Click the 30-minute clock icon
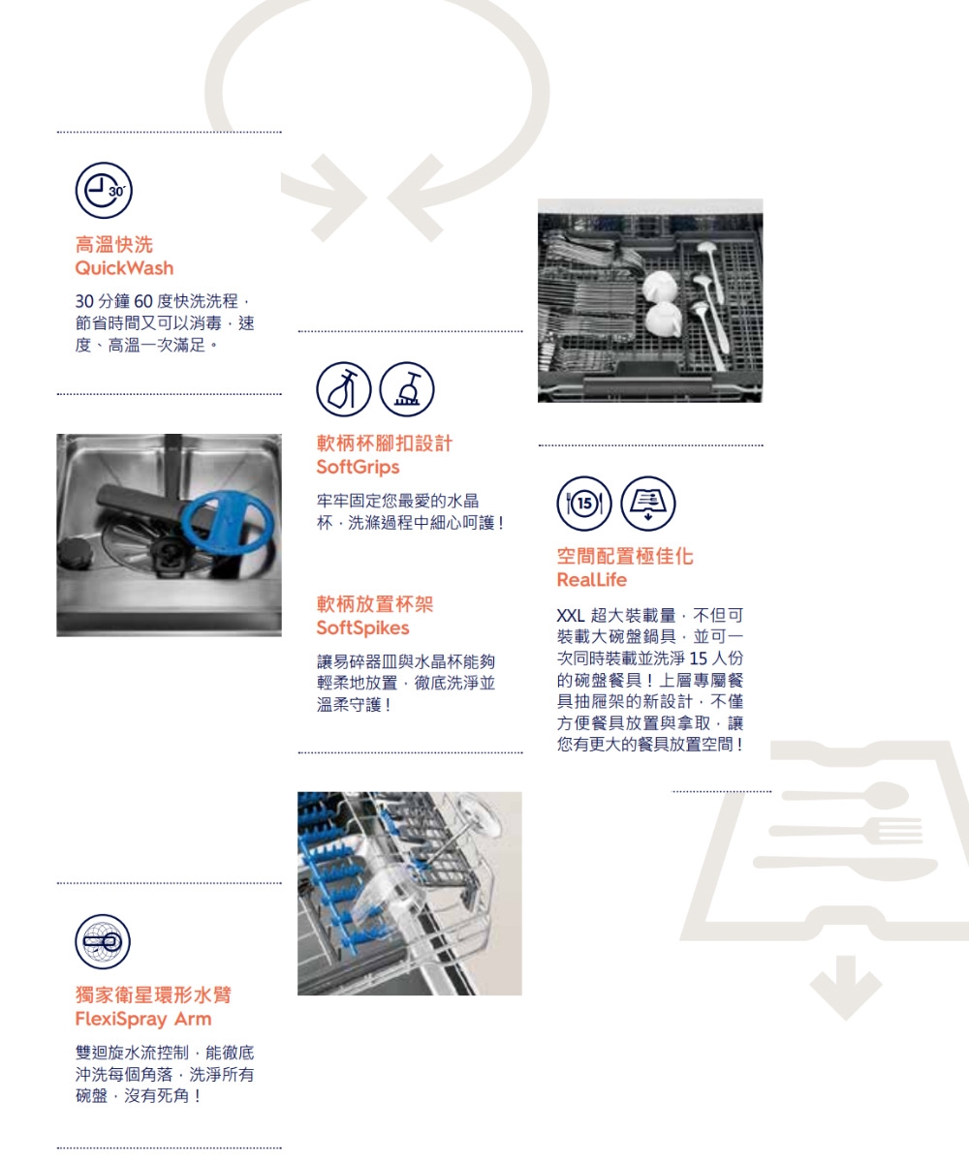coord(103,190)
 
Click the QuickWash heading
coord(124,267)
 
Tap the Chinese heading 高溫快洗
coord(113,244)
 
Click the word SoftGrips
coord(358,468)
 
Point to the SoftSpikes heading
coord(363,628)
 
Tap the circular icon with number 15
coord(584,503)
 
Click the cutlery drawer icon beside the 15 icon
coord(648,503)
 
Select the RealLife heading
coord(591,580)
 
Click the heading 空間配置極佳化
coord(624,557)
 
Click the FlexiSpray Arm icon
coord(103,941)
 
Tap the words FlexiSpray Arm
coord(142,1020)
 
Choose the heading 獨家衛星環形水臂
coord(153,995)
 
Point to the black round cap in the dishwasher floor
coord(76,555)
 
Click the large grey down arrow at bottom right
coord(846,983)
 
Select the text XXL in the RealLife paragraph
coord(573,617)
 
